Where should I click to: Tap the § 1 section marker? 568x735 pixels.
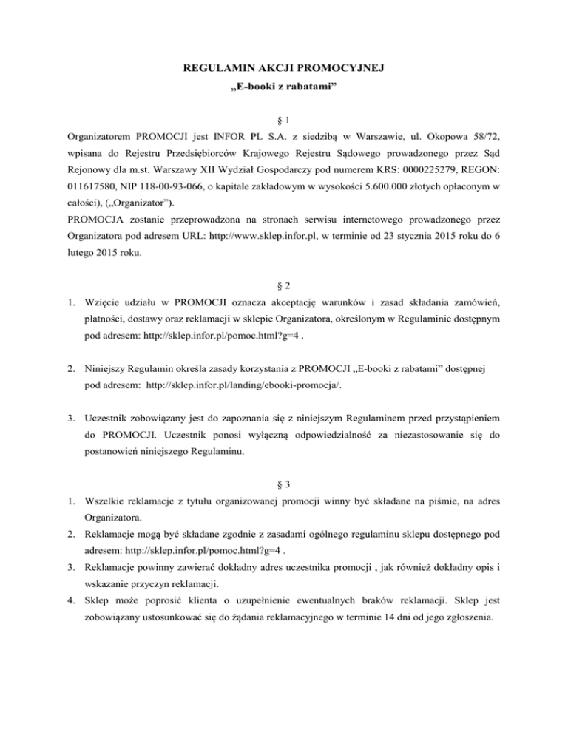coord(283,118)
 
